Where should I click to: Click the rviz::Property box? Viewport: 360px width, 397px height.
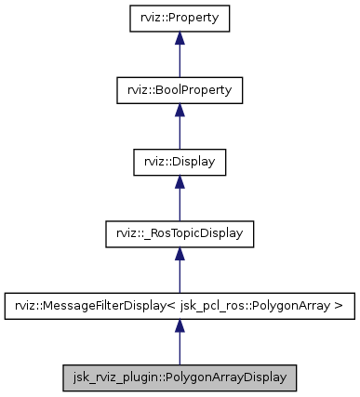tap(180, 18)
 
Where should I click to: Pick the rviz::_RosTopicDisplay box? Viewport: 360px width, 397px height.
tap(180, 233)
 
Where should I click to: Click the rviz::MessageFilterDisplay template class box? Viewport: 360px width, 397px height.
tap(180, 306)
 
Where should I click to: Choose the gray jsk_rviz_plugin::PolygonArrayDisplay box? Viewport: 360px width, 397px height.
tap(180, 378)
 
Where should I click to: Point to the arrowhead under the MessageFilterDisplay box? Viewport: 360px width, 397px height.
tap(180, 326)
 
